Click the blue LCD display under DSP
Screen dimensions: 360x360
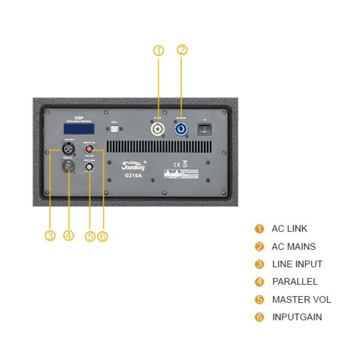(79, 128)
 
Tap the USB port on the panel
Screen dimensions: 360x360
(115, 128)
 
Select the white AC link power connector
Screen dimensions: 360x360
(158, 129)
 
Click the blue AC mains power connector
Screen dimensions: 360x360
(181, 129)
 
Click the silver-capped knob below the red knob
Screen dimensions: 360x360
(89, 167)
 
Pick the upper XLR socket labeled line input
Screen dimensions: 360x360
(68, 148)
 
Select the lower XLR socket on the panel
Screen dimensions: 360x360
(68, 167)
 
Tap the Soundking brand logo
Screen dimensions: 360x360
(133, 166)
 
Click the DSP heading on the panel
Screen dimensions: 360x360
(79, 118)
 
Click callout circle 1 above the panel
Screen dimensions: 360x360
(158, 51)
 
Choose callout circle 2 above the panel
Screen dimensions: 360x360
(182, 50)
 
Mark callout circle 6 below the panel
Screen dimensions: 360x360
(103, 236)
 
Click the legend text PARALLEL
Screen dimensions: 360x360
(295, 282)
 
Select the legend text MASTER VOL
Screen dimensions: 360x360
(301, 300)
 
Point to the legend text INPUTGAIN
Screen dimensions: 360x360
(297, 317)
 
